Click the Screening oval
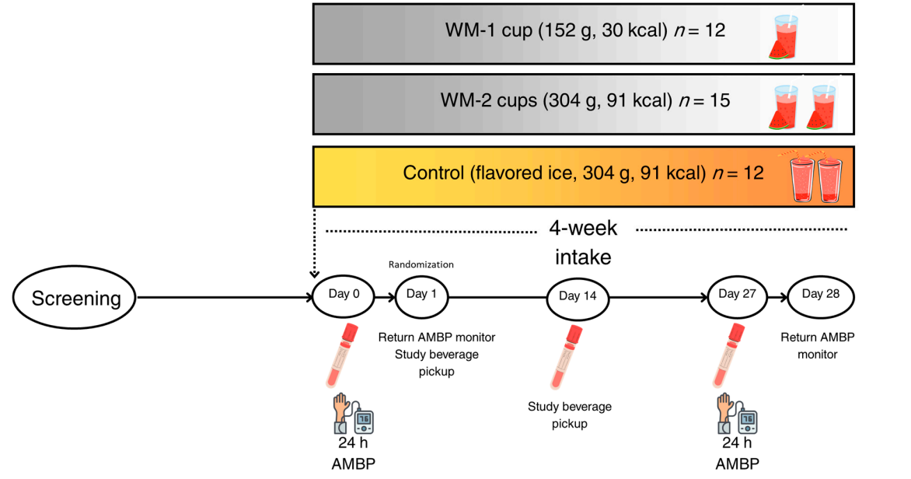point(75,298)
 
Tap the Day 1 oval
point(422,295)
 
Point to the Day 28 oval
point(822,295)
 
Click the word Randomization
point(421,265)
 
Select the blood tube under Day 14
point(567,357)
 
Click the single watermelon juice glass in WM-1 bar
point(780,36)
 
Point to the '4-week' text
point(583,229)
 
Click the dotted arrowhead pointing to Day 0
point(315,274)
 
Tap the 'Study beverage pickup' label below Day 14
point(570,415)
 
